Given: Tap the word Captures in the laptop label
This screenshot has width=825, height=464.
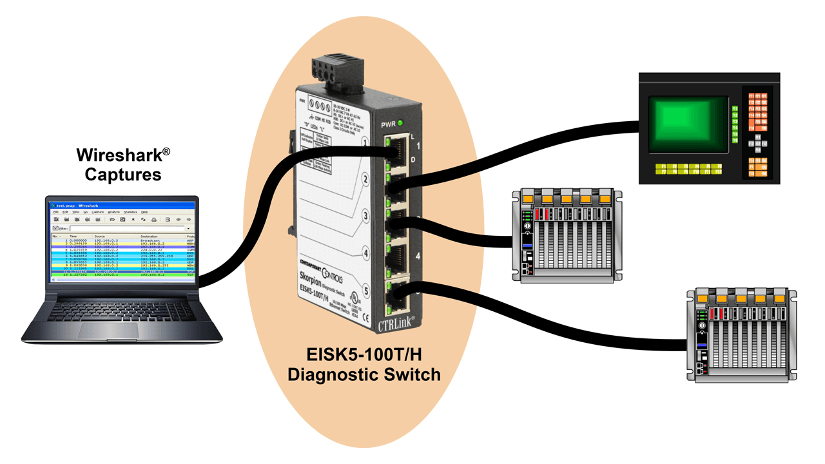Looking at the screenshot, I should tap(123, 174).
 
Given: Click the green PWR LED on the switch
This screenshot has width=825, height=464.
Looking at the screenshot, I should tap(400, 123).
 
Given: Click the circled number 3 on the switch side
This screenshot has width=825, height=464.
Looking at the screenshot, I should tap(365, 215).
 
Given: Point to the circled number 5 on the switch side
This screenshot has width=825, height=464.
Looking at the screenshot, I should tap(366, 291).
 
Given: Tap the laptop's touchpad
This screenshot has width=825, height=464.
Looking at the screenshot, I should tap(107, 329).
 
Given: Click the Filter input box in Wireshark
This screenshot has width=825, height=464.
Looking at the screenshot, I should tap(129, 228).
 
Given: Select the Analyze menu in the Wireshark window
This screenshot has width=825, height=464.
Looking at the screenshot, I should tap(114, 211).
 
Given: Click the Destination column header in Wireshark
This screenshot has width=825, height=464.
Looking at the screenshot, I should tap(151, 237).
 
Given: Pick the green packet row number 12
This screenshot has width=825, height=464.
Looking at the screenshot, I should tap(122, 275).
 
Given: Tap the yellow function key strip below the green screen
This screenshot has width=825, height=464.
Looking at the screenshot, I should tap(688, 169).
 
